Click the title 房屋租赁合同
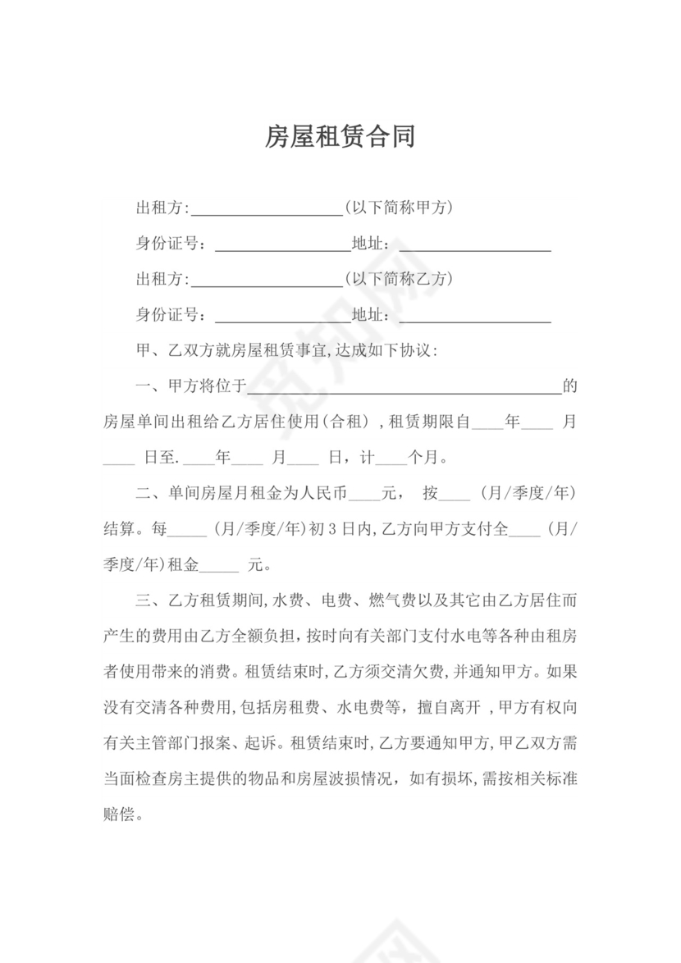click(x=340, y=136)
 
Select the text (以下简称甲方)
click(x=399, y=208)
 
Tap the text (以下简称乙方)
click(x=399, y=279)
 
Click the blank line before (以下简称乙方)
click(x=266, y=282)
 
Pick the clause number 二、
click(x=150, y=494)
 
